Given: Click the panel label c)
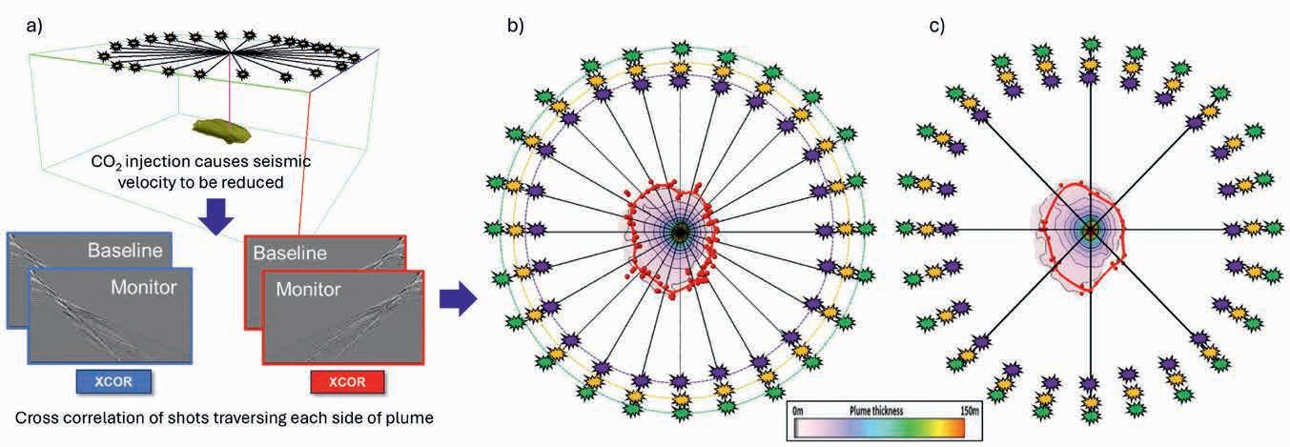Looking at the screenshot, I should pyautogui.click(x=936, y=27).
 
